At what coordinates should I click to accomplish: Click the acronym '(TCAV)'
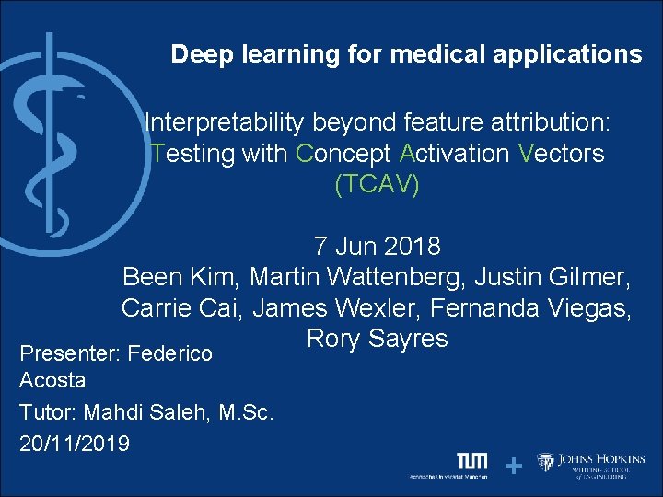[x=377, y=184]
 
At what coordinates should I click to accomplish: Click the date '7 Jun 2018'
[x=377, y=247]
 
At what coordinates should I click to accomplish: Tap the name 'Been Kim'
[x=180, y=276]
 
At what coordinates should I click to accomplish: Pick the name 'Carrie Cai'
[x=181, y=308]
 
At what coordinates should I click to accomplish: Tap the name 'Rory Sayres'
[x=377, y=339]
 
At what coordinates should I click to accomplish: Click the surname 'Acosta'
[x=52, y=380]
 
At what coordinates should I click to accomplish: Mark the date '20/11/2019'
[x=75, y=443]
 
